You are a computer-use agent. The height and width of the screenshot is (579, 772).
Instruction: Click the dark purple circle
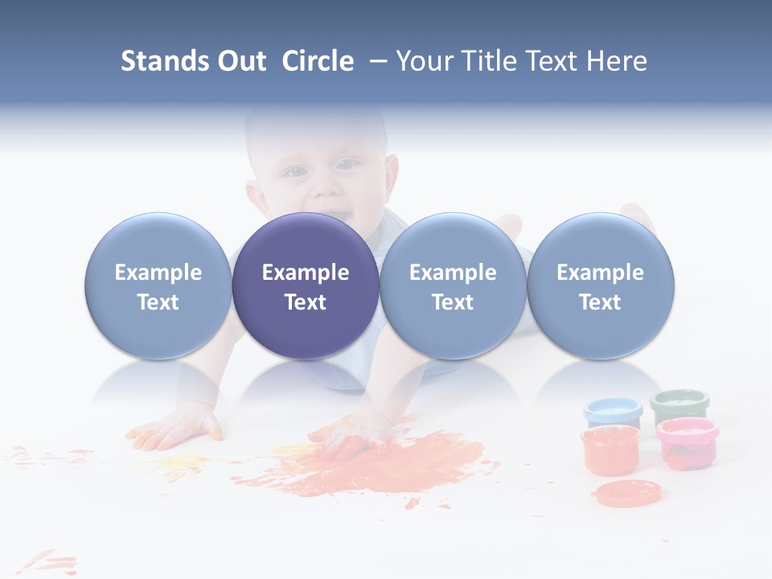pyautogui.click(x=306, y=285)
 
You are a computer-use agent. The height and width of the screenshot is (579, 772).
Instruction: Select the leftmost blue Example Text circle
pyautogui.click(x=158, y=285)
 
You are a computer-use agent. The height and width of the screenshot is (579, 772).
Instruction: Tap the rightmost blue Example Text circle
pyautogui.click(x=600, y=285)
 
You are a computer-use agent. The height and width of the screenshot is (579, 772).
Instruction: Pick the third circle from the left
pyautogui.click(x=453, y=285)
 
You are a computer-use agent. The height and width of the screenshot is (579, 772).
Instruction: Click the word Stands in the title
pyautogui.click(x=164, y=61)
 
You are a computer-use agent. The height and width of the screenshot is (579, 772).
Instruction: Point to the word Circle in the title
pyautogui.click(x=318, y=61)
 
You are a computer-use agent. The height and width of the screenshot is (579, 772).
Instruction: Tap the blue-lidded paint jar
pyautogui.click(x=613, y=413)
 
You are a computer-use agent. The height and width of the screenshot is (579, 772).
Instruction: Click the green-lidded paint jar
pyautogui.click(x=680, y=405)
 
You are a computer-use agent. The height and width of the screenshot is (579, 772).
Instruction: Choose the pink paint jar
pyautogui.click(x=687, y=441)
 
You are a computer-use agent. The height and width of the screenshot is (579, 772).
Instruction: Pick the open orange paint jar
pyautogui.click(x=610, y=450)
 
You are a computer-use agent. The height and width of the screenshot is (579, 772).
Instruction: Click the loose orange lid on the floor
pyautogui.click(x=627, y=491)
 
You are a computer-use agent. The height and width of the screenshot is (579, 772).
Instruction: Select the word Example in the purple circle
pyautogui.click(x=306, y=273)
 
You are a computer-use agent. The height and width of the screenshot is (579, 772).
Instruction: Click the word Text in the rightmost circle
pyautogui.click(x=600, y=302)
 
